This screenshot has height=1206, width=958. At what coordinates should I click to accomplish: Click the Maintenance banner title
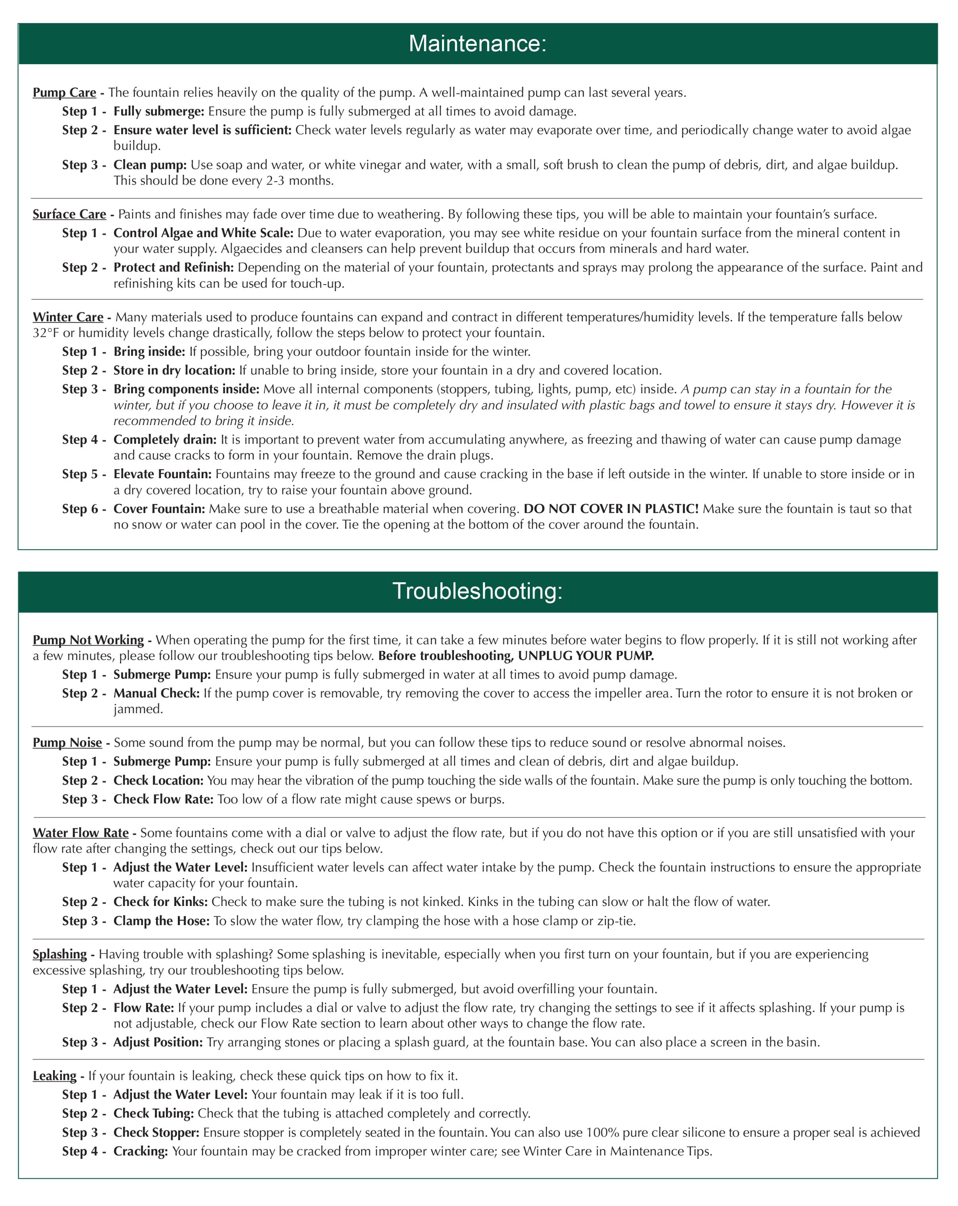(x=477, y=44)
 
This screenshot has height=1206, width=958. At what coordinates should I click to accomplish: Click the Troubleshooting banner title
(x=477, y=591)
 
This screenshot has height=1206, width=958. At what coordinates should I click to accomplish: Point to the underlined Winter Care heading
(x=68, y=317)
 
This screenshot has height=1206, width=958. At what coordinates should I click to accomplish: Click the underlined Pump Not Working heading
(x=88, y=640)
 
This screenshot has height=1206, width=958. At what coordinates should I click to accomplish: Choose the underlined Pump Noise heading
(x=67, y=743)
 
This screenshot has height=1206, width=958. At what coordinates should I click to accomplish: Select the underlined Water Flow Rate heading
(x=80, y=833)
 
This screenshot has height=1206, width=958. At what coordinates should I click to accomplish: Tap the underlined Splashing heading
(x=60, y=954)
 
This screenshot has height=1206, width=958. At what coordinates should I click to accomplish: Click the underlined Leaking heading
(x=54, y=1076)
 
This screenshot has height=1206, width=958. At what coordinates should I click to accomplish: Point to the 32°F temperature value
(x=45, y=333)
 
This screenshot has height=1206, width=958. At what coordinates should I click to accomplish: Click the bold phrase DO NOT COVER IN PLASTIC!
(x=611, y=509)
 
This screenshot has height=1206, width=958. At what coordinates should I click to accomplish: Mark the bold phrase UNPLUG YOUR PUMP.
(x=586, y=655)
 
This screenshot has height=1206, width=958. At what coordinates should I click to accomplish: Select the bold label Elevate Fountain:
(x=162, y=474)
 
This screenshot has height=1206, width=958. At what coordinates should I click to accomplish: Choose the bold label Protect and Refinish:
(x=173, y=268)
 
